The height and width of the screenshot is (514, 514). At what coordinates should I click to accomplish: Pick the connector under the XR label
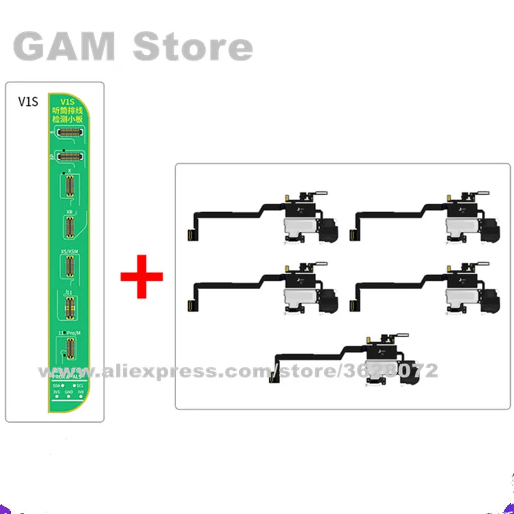[x=69, y=227]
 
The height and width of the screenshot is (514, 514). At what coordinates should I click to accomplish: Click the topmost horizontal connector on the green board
[x=72, y=133]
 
